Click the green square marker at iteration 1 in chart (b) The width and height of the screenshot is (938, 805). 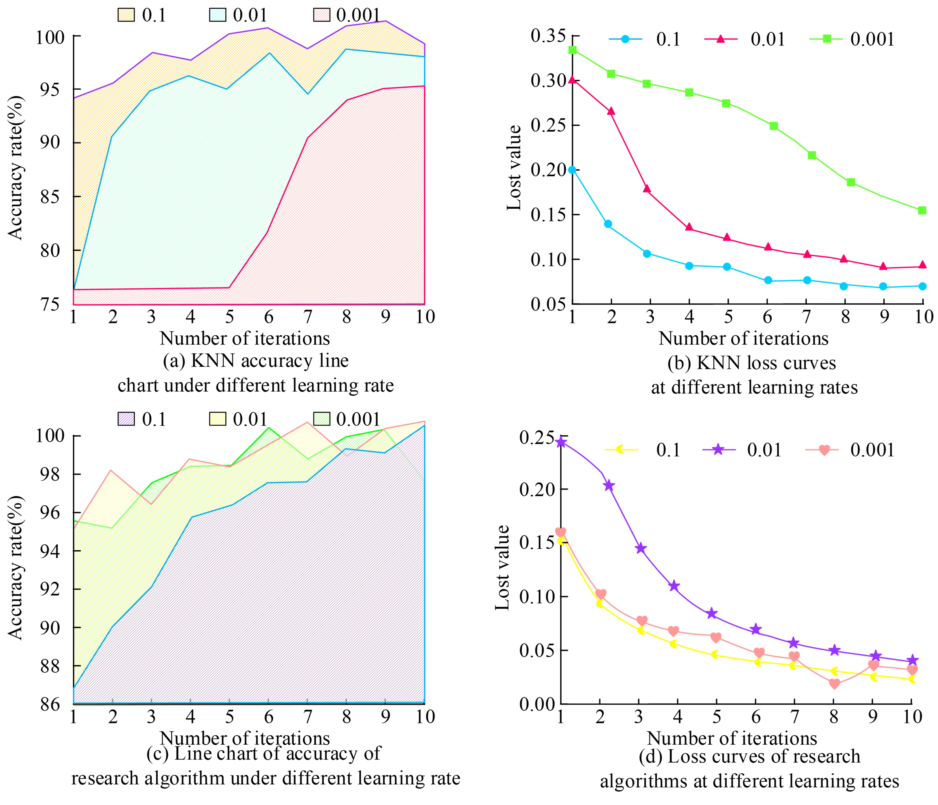[573, 49]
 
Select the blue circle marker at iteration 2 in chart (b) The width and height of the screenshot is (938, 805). [608, 224]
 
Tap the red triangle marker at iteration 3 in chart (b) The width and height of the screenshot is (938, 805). [647, 188]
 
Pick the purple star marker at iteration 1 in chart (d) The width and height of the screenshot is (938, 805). [561, 442]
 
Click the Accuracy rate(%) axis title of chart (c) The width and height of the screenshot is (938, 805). [15, 568]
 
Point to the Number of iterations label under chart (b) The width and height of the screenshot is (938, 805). [743, 338]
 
